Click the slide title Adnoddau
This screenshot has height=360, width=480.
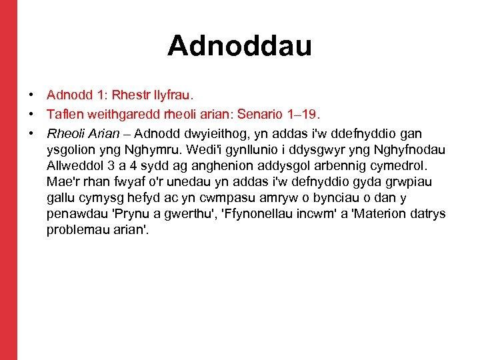(x=239, y=45)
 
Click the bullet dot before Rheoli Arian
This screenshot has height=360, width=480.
(x=31, y=134)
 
